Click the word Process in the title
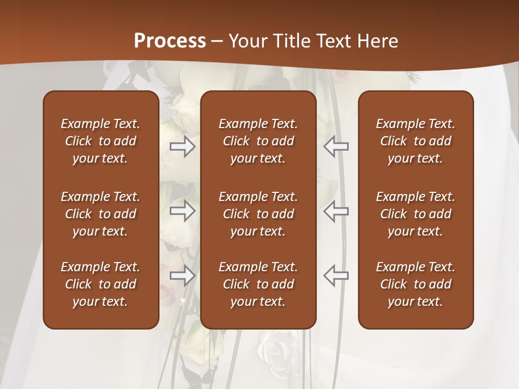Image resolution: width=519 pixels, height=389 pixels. tap(170, 41)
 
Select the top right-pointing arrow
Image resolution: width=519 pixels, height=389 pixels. tap(183, 146)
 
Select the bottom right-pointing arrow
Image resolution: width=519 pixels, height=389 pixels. tap(183, 276)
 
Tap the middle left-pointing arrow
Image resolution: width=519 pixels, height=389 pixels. tap(336, 211)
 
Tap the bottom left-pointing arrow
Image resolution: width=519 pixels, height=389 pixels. tap(336, 276)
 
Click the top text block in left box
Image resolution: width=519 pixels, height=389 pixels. tap(101, 141)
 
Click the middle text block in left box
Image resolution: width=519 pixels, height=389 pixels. tap(101, 214)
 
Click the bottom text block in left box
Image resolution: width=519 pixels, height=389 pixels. tap(101, 284)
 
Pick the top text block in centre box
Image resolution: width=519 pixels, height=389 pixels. tap(258, 141)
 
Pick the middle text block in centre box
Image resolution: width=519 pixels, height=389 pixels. tap(258, 214)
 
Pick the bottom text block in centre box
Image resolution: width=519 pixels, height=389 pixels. tap(258, 284)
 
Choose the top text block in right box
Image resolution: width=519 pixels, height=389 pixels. tap(415, 141)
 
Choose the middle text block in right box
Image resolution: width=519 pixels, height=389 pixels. tap(415, 214)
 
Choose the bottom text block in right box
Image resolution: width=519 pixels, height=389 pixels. tap(415, 284)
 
